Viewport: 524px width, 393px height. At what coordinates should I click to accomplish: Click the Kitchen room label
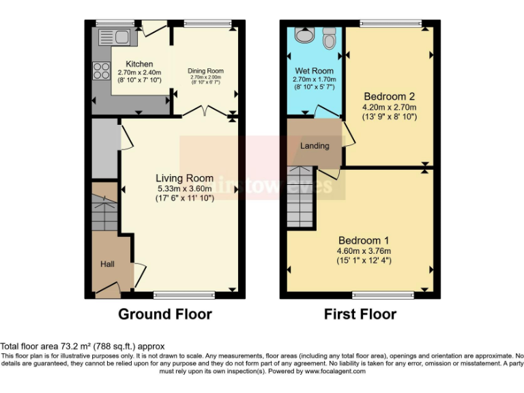click(x=139, y=64)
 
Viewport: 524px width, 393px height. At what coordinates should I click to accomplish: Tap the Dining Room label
click(x=205, y=71)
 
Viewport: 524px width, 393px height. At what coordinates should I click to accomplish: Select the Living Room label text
click(x=180, y=179)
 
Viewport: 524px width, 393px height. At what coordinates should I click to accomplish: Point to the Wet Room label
click(x=314, y=71)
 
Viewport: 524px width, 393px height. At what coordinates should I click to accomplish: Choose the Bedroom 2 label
click(x=389, y=96)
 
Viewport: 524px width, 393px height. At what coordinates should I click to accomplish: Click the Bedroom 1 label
click(x=363, y=240)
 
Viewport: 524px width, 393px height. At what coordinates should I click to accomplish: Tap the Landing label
click(x=315, y=145)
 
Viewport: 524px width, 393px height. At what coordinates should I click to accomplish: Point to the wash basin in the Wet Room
click(x=302, y=35)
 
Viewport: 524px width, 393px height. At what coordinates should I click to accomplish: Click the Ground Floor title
click(x=165, y=315)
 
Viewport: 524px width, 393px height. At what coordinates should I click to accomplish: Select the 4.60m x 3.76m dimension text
click(x=363, y=250)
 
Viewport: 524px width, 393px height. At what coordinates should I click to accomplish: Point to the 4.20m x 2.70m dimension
click(x=390, y=106)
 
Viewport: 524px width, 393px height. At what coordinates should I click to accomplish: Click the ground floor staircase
click(x=104, y=209)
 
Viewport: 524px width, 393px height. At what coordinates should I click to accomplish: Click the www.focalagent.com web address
click(x=334, y=372)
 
